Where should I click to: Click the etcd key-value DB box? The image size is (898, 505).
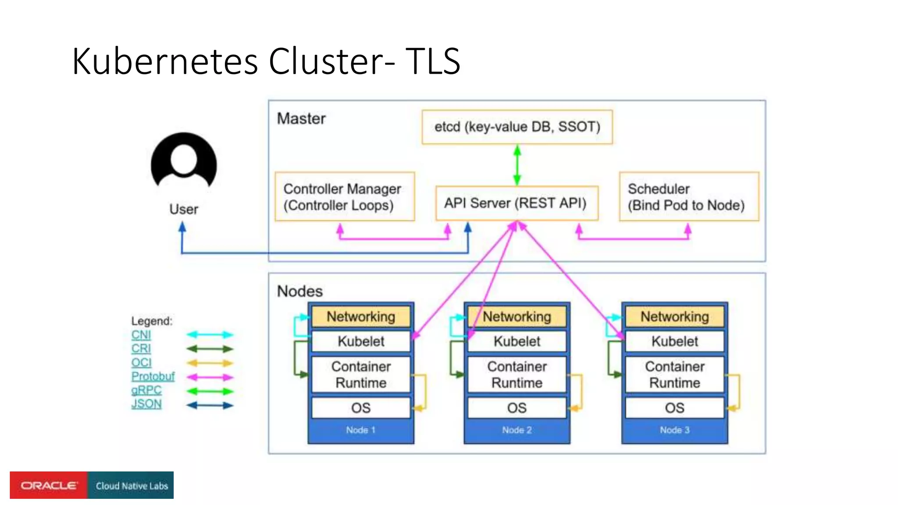click(517, 127)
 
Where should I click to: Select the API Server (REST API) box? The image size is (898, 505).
click(517, 203)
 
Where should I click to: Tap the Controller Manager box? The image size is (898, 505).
click(345, 196)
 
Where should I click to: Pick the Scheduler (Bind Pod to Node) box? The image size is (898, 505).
click(688, 196)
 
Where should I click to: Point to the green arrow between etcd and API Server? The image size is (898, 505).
click(517, 165)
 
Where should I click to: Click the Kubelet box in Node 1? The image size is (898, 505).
click(361, 341)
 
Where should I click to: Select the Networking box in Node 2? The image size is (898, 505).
click(517, 317)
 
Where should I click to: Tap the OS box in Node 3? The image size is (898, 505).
click(674, 408)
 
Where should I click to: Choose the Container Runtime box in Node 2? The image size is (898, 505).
click(517, 374)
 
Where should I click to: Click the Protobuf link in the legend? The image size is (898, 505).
click(153, 376)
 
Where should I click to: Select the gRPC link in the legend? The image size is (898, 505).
click(146, 390)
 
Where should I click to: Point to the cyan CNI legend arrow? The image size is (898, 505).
click(210, 335)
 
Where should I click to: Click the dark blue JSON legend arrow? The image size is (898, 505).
click(210, 405)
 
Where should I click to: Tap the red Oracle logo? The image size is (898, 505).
click(49, 485)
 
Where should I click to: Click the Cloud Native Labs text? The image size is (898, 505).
click(132, 486)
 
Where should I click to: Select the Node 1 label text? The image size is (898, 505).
click(360, 430)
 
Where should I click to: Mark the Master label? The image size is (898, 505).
click(301, 119)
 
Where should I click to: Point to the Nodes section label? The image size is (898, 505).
click(300, 291)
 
